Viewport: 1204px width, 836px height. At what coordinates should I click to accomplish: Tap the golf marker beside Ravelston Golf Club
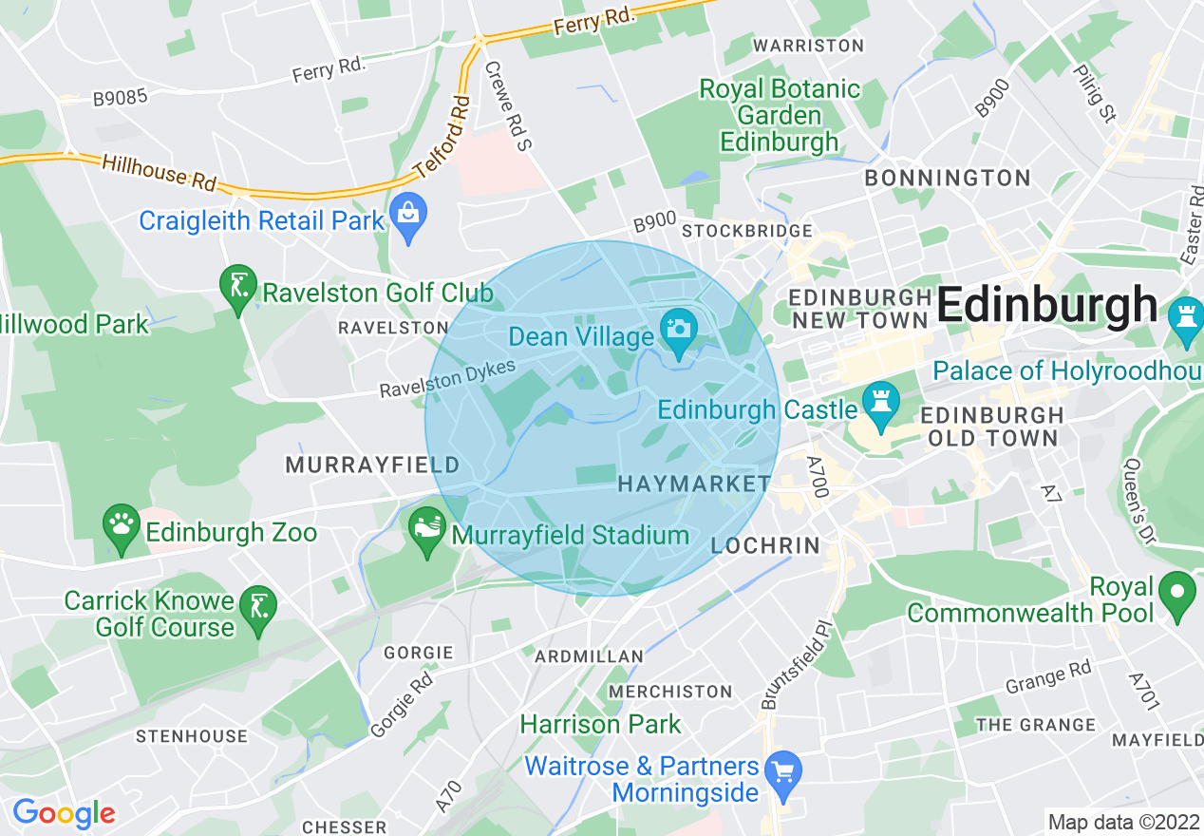pos(237,286)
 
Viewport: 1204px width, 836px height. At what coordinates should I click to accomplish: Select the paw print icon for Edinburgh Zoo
pos(122,527)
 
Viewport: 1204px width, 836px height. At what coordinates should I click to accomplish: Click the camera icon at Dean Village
pos(679,331)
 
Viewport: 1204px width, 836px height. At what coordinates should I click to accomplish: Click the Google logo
pos(64,813)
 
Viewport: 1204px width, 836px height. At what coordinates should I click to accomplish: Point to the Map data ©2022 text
pos(1122,821)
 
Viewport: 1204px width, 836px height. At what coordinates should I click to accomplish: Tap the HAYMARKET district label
pos(694,484)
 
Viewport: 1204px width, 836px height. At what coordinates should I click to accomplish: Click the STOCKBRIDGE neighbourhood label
pos(747,231)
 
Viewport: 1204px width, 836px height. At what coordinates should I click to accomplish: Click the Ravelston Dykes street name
pos(447,379)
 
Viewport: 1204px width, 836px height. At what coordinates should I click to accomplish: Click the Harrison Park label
pos(600,724)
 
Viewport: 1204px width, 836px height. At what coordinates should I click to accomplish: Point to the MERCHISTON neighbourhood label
pos(670,691)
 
